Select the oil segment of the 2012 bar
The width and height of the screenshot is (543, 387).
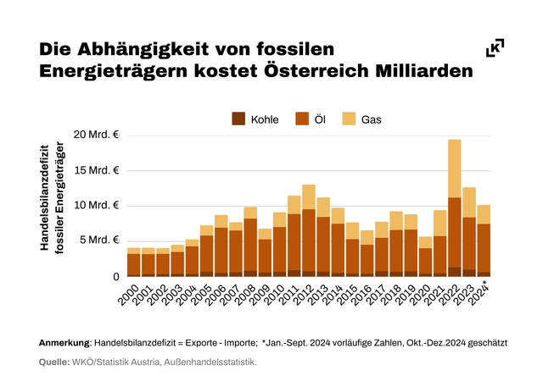pyautogui.click(x=309, y=241)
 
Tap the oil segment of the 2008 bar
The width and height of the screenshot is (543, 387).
pyautogui.click(x=250, y=246)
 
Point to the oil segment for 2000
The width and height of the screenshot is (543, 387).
pyautogui.click(x=134, y=263)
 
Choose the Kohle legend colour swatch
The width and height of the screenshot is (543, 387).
pyautogui.click(x=239, y=119)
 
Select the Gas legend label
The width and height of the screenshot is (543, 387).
pyautogui.click(x=372, y=119)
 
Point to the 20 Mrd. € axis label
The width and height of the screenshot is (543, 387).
pyautogui.click(x=97, y=135)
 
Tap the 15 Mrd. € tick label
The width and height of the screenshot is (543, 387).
pyautogui.click(x=97, y=170)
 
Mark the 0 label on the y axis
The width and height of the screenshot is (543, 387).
pyautogui.click(x=115, y=276)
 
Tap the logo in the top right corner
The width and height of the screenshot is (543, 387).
pyautogui.click(x=495, y=48)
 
